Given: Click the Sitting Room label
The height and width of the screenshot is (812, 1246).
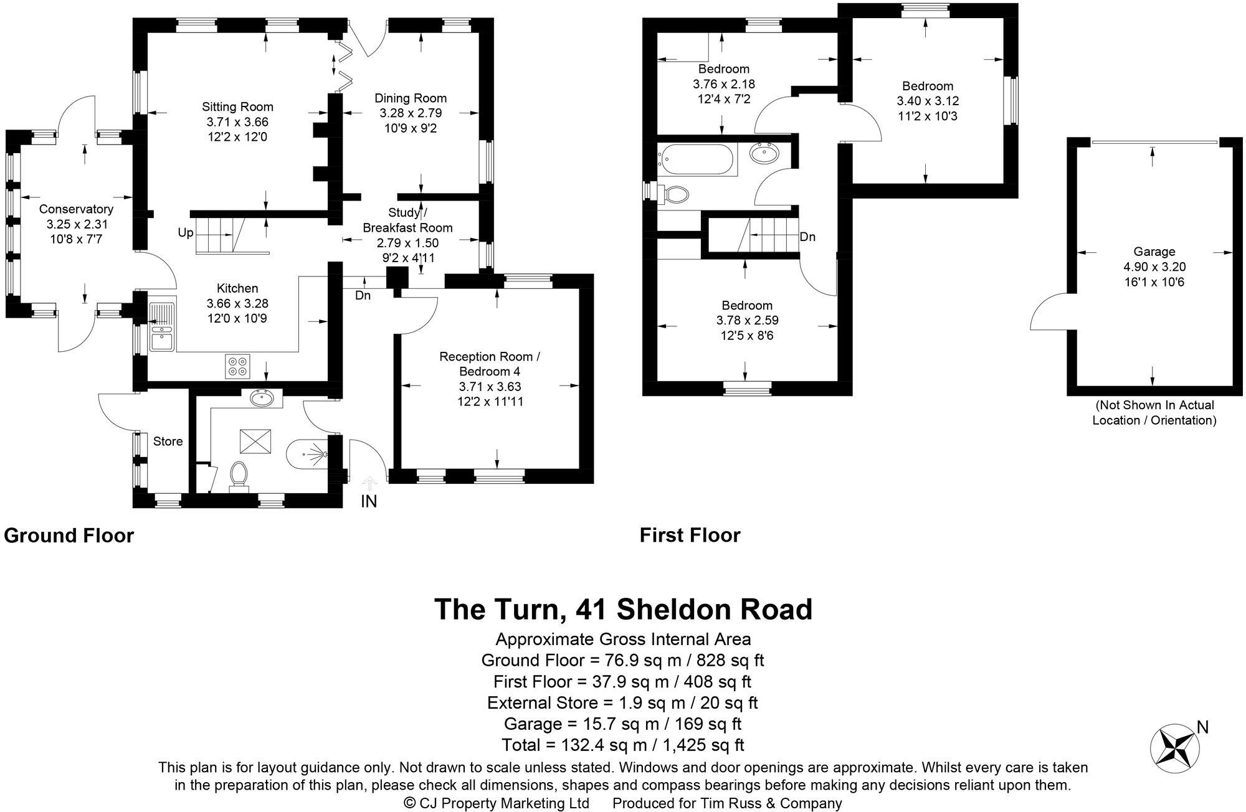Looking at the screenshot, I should pyautogui.click(x=237, y=107).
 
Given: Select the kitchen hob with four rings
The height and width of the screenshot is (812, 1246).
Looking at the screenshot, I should pyautogui.click(x=238, y=366).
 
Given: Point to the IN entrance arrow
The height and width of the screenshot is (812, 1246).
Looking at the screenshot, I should pyautogui.click(x=369, y=484).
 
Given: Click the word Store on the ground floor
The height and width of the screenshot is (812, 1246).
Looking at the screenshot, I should pyautogui.click(x=168, y=441).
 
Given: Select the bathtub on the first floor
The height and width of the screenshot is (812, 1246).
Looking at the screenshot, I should pyautogui.click(x=698, y=159).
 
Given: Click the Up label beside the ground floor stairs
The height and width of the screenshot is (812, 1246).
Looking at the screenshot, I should pyautogui.click(x=186, y=233).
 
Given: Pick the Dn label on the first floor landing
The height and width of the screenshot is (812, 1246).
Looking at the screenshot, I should pyautogui.click(x=807, y=237).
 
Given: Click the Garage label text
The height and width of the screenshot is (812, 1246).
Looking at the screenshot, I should pyautogui.click(x=1154, y=252).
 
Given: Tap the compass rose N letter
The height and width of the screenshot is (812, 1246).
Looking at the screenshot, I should pyautogui.click(x=1202, y=727).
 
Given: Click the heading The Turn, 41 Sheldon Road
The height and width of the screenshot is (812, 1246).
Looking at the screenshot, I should pyautogui.click(x=623, y=609).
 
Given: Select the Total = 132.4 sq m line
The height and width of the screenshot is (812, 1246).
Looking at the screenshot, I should pyautogui.click(x=623, y=745).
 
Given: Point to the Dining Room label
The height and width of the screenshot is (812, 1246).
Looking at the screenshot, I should pyautogui.click(x=410, y=98).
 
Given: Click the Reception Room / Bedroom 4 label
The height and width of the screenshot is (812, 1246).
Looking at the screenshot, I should pyautogui.click(x=489, y=364).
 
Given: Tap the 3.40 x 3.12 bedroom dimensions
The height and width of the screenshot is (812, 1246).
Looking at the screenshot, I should pyautogui.click(x=928, y=101).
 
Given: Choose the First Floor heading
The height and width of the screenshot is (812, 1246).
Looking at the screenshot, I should pyautogui.click(x=690, y=535).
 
